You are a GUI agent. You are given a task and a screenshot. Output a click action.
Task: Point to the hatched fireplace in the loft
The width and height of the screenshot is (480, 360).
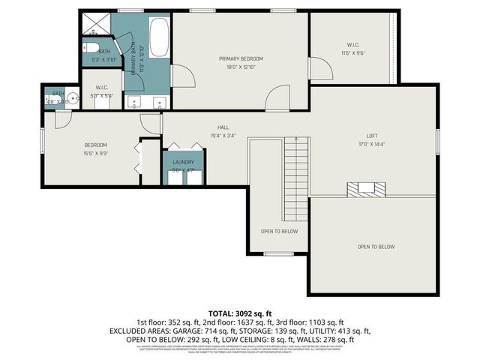click(x=367, y=189)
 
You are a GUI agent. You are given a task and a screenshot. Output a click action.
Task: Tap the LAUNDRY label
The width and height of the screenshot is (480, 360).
click(x=183, y=162)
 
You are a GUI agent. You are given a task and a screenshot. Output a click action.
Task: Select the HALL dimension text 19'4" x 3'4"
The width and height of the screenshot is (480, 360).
click(x=223, y=136)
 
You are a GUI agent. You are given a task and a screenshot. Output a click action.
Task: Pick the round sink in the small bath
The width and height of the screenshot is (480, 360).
click(x=73, y=97)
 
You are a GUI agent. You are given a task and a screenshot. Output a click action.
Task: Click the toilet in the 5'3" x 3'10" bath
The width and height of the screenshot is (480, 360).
click(x=86, y=46)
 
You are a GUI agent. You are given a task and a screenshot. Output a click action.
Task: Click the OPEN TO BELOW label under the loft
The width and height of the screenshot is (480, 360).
click(x=376, y=247)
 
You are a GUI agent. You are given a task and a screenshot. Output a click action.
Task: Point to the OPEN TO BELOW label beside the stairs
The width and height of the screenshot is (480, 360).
click(x=279, y=231)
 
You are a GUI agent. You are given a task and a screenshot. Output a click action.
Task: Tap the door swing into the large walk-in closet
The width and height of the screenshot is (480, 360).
click(x=321, y=69)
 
